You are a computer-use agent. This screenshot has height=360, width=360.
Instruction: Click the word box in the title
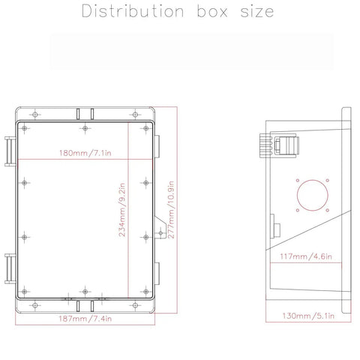pos(202,13)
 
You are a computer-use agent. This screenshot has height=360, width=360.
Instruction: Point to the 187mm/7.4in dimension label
pos(87,320)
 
